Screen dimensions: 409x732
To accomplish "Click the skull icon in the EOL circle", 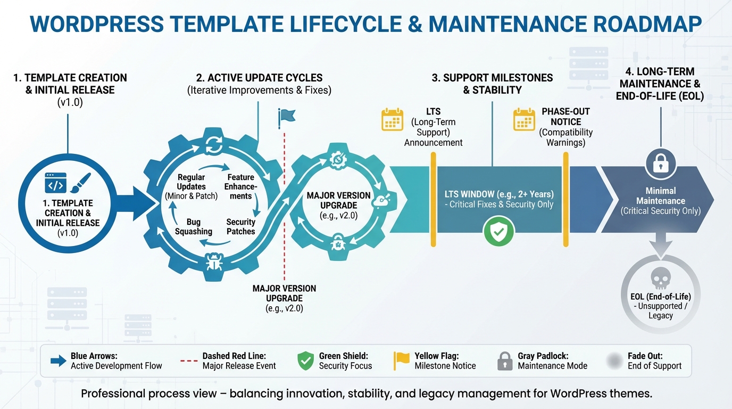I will [x=660, y=278].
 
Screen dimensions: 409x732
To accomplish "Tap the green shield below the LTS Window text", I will [x=498, y=231].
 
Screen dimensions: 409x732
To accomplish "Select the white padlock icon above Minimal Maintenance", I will [x=660, y=163].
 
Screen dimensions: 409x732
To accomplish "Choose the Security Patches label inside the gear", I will [x=240, y=227].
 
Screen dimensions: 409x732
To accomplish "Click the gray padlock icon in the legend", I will [x=504, y=361].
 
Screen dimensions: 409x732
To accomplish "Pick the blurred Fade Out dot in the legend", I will [x=614, y=361].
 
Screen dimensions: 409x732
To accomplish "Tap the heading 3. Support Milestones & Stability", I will [x=492, y=84].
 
